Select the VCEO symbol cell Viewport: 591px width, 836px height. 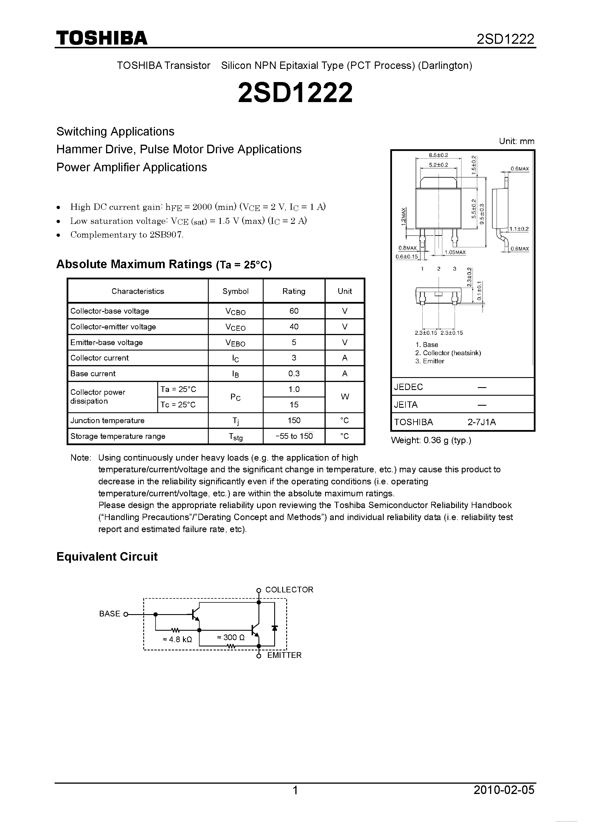(x=235, y=327)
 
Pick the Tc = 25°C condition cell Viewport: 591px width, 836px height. (x=178, y=405)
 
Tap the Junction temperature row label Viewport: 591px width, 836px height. (x=108, y=421)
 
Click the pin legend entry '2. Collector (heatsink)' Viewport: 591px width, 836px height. (x=448, y=353)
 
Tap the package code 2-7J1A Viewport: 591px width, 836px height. (x=481, y=422)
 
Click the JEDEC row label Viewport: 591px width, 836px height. (x=408, y=387)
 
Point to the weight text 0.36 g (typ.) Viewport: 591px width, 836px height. (x=431, y=440)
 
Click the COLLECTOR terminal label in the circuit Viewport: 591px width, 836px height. (x=289, y=590)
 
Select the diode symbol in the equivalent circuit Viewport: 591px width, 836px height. (x=274, y=628)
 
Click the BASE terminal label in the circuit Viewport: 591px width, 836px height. (x=109, y=614)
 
